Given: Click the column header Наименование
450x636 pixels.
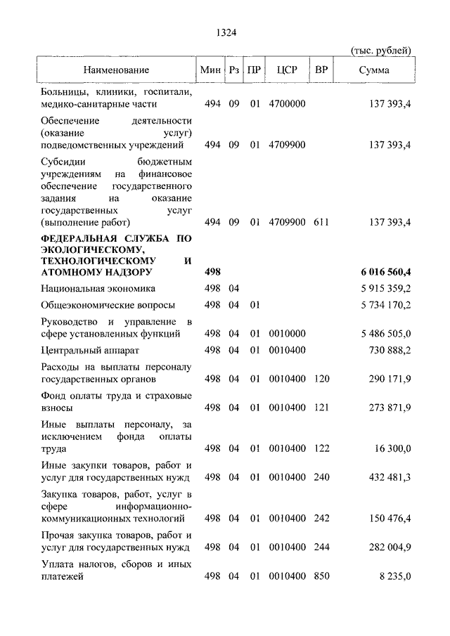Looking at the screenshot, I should pos(116,70).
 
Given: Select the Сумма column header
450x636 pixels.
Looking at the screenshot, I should pos(374,70).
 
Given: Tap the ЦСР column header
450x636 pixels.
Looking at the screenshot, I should pos(287,70).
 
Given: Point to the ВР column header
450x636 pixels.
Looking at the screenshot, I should pos(321,70).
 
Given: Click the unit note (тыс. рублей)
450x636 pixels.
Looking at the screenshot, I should pos(381,49).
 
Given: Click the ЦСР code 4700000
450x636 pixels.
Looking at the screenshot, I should pos(287,104).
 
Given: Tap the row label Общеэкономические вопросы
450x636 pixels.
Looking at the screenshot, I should pos(108,305).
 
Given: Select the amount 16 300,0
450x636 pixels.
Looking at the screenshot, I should pos(391,448).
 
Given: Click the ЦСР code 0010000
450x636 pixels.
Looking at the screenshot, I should pos(287,333).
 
